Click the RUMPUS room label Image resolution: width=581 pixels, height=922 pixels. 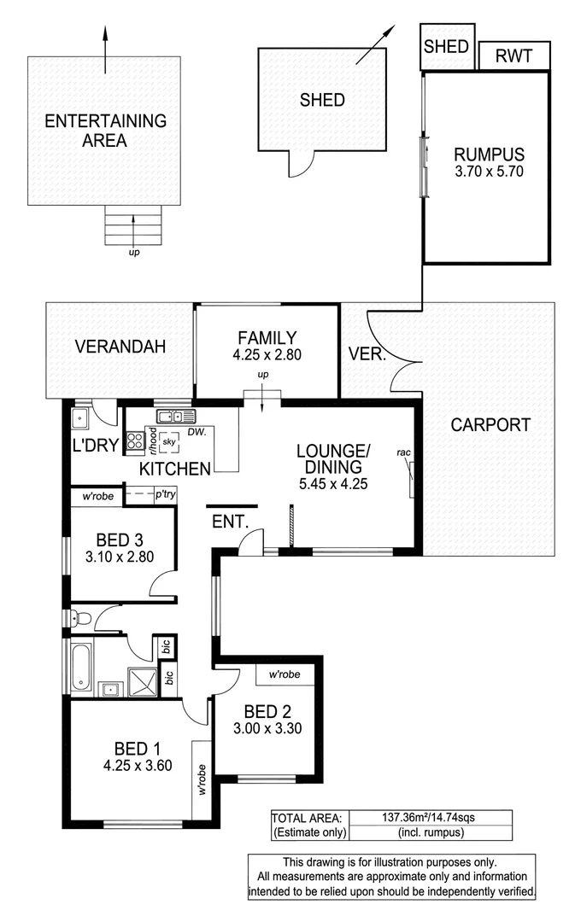coord(488,155)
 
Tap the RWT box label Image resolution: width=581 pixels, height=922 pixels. coord(513,56)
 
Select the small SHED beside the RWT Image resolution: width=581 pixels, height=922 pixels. coord(447,47)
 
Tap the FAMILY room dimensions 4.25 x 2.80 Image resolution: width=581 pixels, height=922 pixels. coord(267,354)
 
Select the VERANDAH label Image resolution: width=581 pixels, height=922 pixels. coord(120,347)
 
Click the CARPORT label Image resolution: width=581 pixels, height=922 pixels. coord(490,424)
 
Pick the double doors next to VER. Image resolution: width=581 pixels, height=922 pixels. coord(395,350)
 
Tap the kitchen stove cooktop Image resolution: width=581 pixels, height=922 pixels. coord(135,441)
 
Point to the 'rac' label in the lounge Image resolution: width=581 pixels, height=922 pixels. coord(404,452)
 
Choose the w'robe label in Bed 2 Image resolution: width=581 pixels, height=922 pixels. coord(285,674)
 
